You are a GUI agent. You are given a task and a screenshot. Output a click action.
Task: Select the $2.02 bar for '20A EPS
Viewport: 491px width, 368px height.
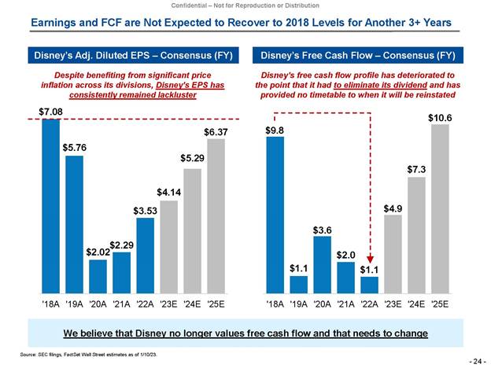point(98,275)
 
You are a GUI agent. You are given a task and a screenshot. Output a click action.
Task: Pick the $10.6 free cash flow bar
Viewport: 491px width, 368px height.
point(440,208)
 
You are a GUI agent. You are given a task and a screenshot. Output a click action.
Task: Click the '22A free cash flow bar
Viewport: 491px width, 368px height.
point(369,284)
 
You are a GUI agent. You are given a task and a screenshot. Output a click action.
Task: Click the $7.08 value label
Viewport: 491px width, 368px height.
point(39,112)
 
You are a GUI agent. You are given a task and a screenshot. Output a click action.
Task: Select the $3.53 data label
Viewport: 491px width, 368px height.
point(145,210)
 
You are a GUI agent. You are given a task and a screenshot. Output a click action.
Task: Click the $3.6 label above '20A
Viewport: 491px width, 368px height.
point(323,230)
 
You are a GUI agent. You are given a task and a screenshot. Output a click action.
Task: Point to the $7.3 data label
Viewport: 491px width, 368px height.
point(416,169)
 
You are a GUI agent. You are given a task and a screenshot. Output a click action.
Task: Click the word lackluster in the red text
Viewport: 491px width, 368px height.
point(172,94)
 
